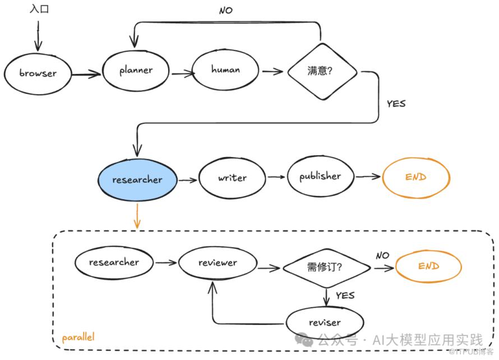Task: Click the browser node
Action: click(38, 73)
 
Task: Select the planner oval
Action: click(136, 71)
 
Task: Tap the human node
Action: click(225, 70)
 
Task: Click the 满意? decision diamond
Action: click(322, 71)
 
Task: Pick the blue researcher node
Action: click(137, 180)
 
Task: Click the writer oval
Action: click(232, 178)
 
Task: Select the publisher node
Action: click(320, 176)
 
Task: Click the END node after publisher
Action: click(415, 177)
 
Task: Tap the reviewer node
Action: click(218, 263)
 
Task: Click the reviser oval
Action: click(325, 322)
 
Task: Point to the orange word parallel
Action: click(78, 338)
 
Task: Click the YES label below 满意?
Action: click(396, 104)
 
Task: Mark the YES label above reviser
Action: click(345, 295)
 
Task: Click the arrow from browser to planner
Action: click(87, 72)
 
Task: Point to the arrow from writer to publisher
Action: click(276, 177)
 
